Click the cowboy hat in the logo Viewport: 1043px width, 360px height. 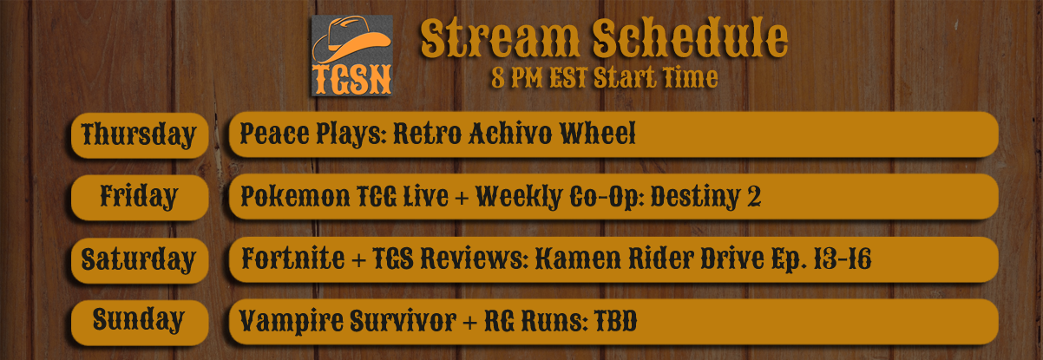(351, 40)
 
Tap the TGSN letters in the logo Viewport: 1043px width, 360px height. (352, 80)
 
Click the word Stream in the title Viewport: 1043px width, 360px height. (500, 38)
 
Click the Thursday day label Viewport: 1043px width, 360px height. (139, 135)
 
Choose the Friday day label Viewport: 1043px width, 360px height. (139, 197)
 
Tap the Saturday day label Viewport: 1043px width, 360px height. (138, 259)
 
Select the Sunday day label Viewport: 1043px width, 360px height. (139, 320)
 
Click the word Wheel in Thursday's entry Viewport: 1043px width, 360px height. (597, 134)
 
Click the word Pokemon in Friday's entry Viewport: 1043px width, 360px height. (295, 196)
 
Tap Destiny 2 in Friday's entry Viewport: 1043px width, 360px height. (705, 197)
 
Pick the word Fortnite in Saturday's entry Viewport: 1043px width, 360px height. (293, 259)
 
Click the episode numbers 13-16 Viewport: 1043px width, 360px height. (842, 259)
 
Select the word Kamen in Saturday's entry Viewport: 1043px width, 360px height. (578, 259)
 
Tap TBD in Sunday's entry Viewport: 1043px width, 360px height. (616, 321)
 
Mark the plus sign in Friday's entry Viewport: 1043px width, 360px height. (462, 198)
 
